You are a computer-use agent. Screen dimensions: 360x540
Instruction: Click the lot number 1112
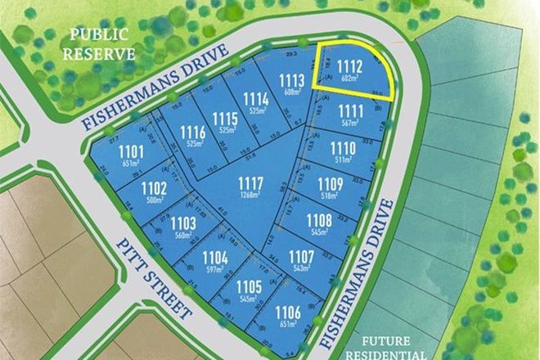pyautogui.click(x=350, y=66)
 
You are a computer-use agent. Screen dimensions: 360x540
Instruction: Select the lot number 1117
pyautogui.click(x=250, y=182)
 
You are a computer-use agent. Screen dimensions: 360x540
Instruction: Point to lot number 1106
pyautogui.click(x=286, y=311)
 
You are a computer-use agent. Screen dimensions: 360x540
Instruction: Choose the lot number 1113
pyautogui.click(x=292, y=79)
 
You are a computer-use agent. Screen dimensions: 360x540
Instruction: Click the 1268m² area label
pyautogui.click(x=250, y=195)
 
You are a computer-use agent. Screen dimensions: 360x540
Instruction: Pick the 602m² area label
pyautogui.click(x=350, y=78)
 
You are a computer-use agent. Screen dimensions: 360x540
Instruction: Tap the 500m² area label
pyautogui.click(x=155, y=200)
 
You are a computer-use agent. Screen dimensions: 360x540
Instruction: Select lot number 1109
pyautogui.click(x=330, y=184)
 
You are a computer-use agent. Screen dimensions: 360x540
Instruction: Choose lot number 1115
pyautogui.click(x=225, y=120)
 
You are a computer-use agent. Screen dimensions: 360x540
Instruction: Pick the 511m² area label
pyautogui.click(x=340, y=160)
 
